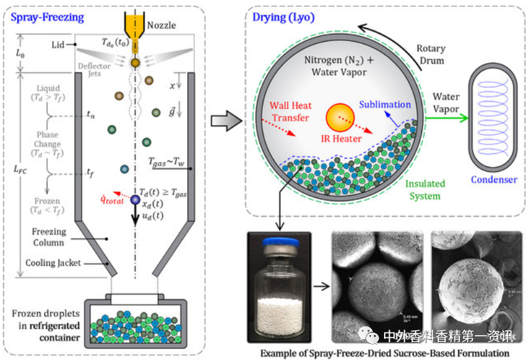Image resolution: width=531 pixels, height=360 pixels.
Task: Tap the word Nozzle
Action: [161, 26]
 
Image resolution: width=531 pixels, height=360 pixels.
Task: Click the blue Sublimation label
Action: [385, 105]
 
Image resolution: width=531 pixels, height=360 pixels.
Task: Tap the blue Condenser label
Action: [494, 180]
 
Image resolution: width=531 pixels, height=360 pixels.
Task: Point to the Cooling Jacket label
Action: [53, 263]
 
